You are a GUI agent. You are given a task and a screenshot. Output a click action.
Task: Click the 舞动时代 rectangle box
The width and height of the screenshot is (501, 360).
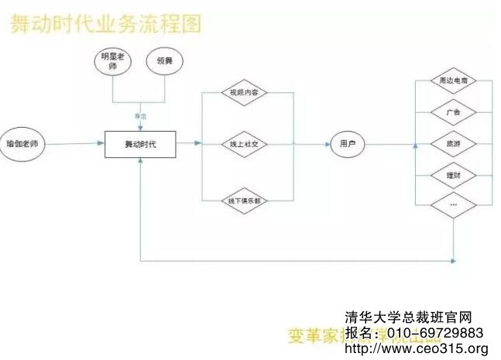(140, 144)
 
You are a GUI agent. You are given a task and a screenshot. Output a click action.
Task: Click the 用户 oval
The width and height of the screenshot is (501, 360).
(346, 144)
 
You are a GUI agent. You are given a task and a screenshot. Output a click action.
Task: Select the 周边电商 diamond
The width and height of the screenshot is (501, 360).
(454, 80)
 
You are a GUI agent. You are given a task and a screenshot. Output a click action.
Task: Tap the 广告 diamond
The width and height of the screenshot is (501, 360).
(454, 112)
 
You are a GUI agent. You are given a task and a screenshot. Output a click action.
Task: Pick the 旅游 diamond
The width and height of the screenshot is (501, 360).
(454, 144)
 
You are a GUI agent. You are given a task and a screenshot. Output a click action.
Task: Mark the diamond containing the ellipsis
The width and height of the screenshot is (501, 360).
(454, 204)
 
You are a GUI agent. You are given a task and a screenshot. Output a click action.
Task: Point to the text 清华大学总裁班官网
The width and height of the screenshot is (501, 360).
(408, 317)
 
